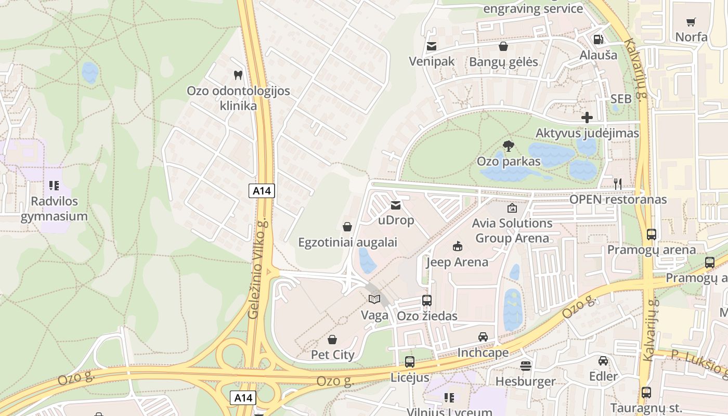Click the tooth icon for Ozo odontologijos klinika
tap(238, 75)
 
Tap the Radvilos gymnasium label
tap(54, 209)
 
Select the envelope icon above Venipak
tap(431, 46)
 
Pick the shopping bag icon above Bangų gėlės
tap(503, 47)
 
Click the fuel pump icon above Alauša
tap(599, 40)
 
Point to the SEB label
tap(621, 99)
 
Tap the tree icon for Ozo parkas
tap(509, 146)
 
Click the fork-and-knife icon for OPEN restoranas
tap(618, 184)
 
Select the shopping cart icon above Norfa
tap(691, 22)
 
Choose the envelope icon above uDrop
tap(396, 205)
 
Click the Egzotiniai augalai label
tap(347, 242)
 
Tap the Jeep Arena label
tap(457, 262)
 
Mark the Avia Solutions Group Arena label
tap(512, 230)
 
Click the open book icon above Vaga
tap(374, 299)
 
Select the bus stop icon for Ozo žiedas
tap(427, 301)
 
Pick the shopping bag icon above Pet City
tap(332, 340)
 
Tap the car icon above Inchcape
tap(483, 337)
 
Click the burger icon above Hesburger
tap(526, 366)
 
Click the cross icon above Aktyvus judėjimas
tap(587, 118)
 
